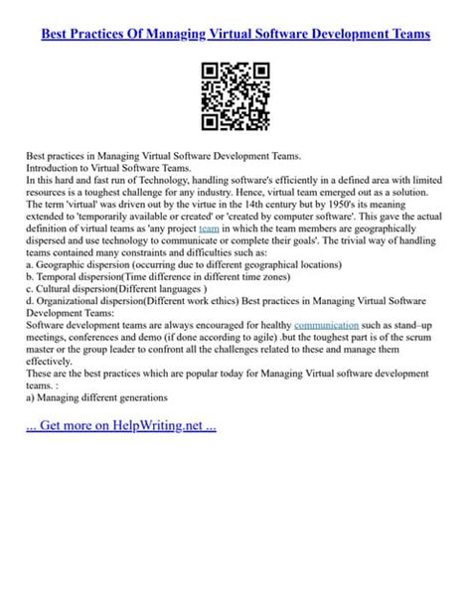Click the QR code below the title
click(x=235, y=97)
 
